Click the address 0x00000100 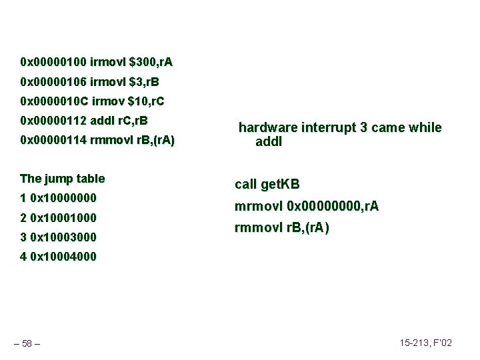point(53,63)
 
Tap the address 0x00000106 point(53,83)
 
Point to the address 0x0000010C point(54,102)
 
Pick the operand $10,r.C point(147,102)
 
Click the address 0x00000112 point(53,121)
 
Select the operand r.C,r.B point(132,121)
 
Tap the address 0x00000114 point(53,141)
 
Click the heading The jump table point(63,179)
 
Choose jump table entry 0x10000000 point(63,198)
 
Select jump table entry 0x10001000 point(63,218)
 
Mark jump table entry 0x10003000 point(63,237)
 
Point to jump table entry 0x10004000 point(63,257)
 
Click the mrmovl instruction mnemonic point(258,207)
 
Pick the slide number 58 point(27,343)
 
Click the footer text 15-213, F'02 point(425,343)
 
